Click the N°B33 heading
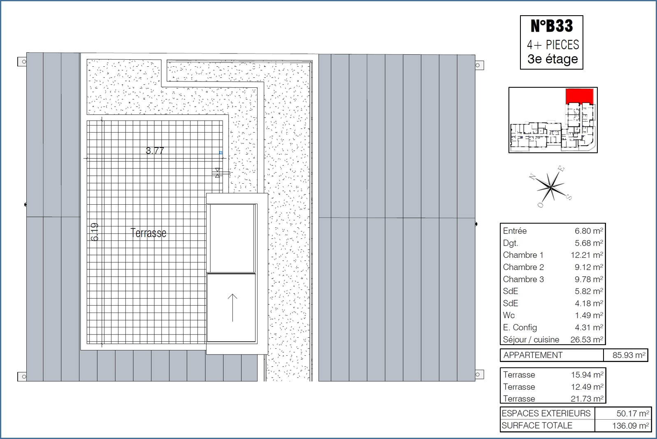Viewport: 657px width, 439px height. [x=552, y=26]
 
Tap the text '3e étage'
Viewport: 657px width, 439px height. [x=553, y=59]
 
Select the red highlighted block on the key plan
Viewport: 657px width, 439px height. [x=579, y=96]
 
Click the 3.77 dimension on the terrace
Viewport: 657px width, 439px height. [x=155, y=151]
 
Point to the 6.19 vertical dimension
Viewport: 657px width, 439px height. [x=95, y=232]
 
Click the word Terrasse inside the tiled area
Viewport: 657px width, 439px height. [x=149, y=233]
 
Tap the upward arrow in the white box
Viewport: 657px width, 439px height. [x=232, y=308]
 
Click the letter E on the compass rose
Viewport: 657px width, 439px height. [x=561, y=168]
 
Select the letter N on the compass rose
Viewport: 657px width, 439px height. [x=532, y=177]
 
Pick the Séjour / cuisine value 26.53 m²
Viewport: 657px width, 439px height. [x=587, y=339]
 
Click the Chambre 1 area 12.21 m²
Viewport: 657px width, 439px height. [x=587, y=255]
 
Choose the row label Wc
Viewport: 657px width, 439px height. [x=508, y=315]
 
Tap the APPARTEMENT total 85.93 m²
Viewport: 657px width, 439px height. [x=629, y=355]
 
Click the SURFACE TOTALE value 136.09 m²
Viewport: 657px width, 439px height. [x=630, y=425]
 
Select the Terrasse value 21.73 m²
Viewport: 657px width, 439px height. [x=587, y=399]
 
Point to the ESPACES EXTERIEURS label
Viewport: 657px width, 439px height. [x=546, y=413]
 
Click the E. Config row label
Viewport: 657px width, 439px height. [x=520, y=327]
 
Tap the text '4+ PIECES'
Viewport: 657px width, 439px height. [x=553, y=45]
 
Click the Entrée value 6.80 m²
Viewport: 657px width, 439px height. [x=589, y=231]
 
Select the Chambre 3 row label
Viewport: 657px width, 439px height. [x=523, y=279]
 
